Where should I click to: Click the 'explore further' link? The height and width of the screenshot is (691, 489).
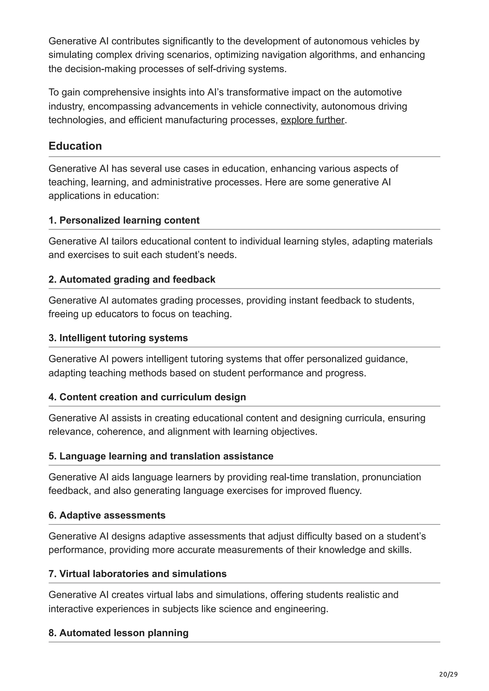[313, 120]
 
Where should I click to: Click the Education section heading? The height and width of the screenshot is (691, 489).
[75, 146]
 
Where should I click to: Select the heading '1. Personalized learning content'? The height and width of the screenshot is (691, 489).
[124, 220]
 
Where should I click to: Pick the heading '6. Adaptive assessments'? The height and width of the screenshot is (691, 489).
[107, 515]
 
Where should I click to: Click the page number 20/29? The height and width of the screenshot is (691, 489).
[448, 675]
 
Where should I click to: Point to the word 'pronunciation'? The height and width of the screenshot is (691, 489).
[391, 477]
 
